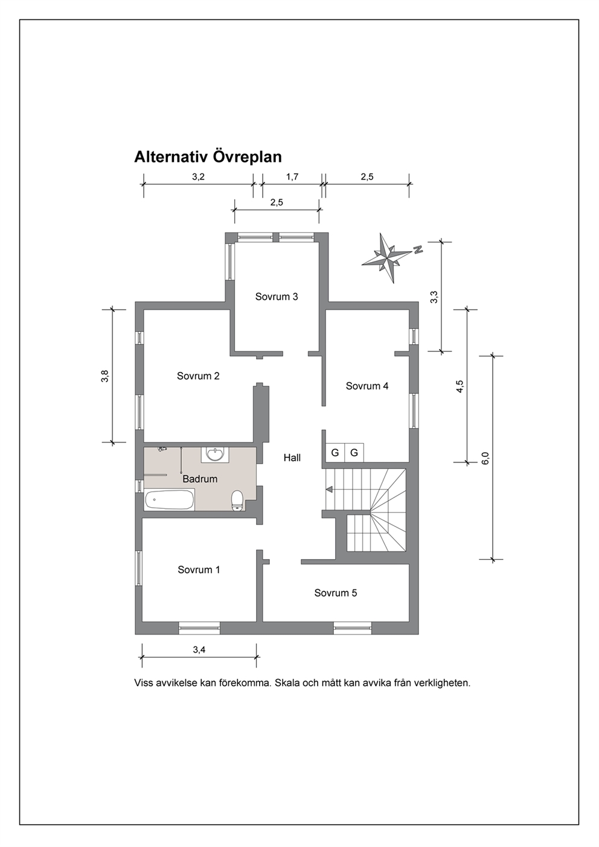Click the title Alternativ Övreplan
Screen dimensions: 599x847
pyautogui.click(x=208, y=157)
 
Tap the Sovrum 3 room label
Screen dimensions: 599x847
pyautogui.click(x=277, y=296)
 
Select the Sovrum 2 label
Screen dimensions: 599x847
pyautogui.click(x=198, y=376)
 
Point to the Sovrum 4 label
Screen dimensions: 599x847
pyautogui.click(x=367, y=386)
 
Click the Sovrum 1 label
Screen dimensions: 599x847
pyautogui.click(x=199, y=569)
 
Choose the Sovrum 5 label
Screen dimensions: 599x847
pyautogui.click(x=335, y=592)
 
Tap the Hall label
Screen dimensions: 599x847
pyautogui.click(x=292, y=458)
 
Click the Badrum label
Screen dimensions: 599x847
pyautogui.click(x=200, y=479)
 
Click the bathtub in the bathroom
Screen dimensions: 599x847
pyautogui.click(x=170, y=499)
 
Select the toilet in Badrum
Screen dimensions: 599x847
pyautogui.click(x=237, y=500)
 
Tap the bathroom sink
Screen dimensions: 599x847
pyautogui.click(x=216, y=455)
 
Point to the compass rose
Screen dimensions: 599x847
pyautogui.click(x=386, y=258)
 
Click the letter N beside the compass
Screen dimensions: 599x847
pyautogui.click(x=418, y=249)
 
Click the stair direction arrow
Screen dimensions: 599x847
pyautogui.click(x=329, y=490)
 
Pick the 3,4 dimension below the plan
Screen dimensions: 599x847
pyautogui.click(x=199, y=650)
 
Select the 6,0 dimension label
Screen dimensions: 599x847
pyautogui.click(x=485, y=458)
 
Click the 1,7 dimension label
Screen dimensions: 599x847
pyautogui.click(x=292, y=177)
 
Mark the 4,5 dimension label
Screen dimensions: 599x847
pyautogui.click(x=460, y=386)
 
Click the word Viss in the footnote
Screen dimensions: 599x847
pyautogui.click(x=143, y=683)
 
